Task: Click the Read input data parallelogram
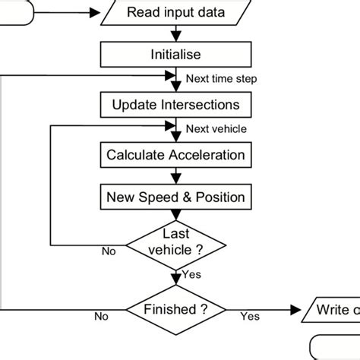tap(176, 12)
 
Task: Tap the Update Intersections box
tap(176, 104)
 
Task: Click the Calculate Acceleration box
tap(176, 155)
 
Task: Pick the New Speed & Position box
tap(176, 197)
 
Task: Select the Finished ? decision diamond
tap(176, 310)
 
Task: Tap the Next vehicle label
tap(216, 129)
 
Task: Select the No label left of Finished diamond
tap(100, 315)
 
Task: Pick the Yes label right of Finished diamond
tap(249, 315)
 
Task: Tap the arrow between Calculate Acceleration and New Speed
tap(176, 176)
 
